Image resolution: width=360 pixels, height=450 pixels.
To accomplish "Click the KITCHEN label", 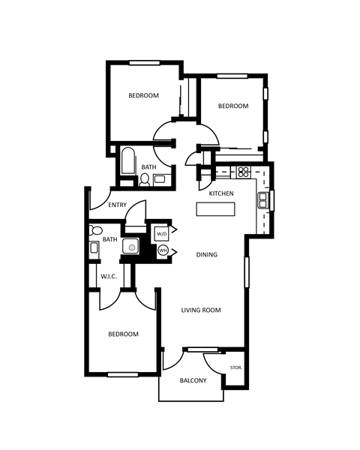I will pos(221,193).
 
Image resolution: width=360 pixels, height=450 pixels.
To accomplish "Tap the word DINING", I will pos(207,255).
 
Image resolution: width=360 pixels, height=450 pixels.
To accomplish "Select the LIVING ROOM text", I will pos(201,310).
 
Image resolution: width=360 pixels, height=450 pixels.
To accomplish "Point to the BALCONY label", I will pos(193,381).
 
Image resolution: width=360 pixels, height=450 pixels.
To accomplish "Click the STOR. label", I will pos(235,367).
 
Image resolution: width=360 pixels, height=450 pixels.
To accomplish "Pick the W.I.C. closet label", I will pos(109,277).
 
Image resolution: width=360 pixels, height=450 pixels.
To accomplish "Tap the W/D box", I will pos(162,233).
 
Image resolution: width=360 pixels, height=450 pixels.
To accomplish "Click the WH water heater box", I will pos(162,250).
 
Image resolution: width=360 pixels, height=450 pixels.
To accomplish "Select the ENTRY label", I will pos(117,205).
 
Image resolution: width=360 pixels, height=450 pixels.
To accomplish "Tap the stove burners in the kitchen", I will pos(244,171).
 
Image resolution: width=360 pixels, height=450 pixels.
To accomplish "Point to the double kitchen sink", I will pos(263,199).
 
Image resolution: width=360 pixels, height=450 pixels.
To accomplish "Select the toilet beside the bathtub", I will pos(143,179).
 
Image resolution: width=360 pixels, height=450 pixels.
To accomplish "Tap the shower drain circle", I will pos(132,246).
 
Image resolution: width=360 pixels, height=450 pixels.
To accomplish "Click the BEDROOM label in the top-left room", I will pos(142,95).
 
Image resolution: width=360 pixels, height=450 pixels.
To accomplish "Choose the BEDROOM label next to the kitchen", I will pos(232,106).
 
